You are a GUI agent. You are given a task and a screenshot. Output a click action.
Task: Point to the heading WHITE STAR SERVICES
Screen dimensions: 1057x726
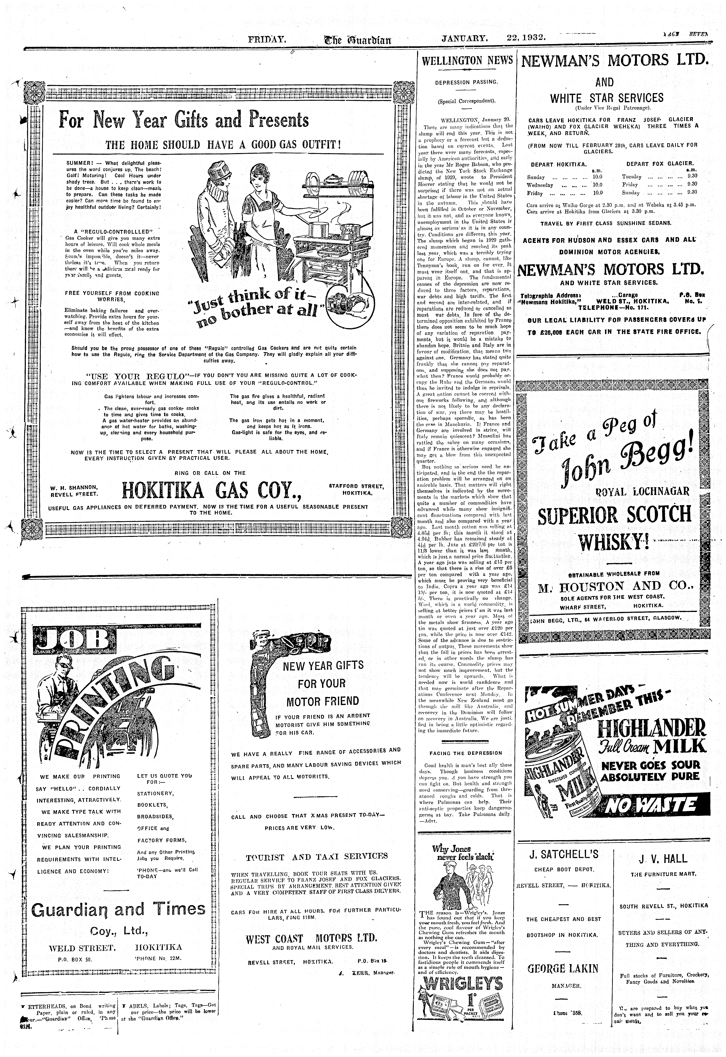click(x=607, y=98)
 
